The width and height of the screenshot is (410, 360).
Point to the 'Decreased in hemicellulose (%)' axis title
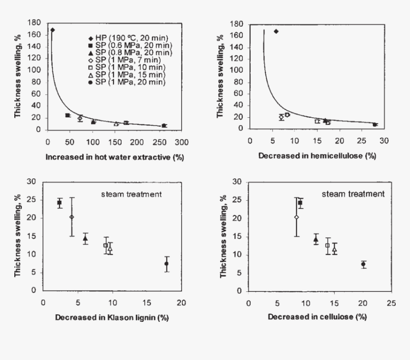[317, 156]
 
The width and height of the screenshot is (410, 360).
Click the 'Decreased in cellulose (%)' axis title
[317, 317]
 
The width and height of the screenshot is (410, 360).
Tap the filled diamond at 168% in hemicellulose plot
[276, 31]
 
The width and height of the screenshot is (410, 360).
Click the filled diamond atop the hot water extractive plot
[52, 30]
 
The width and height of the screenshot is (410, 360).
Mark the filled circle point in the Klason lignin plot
[166, 264]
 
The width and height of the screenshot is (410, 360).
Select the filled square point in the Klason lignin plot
[60, 203]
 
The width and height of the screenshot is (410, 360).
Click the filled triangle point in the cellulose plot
[316, 240]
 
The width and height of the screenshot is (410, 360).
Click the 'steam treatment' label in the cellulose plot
[353, 194]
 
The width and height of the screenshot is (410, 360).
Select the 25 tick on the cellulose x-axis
[391, 304]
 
